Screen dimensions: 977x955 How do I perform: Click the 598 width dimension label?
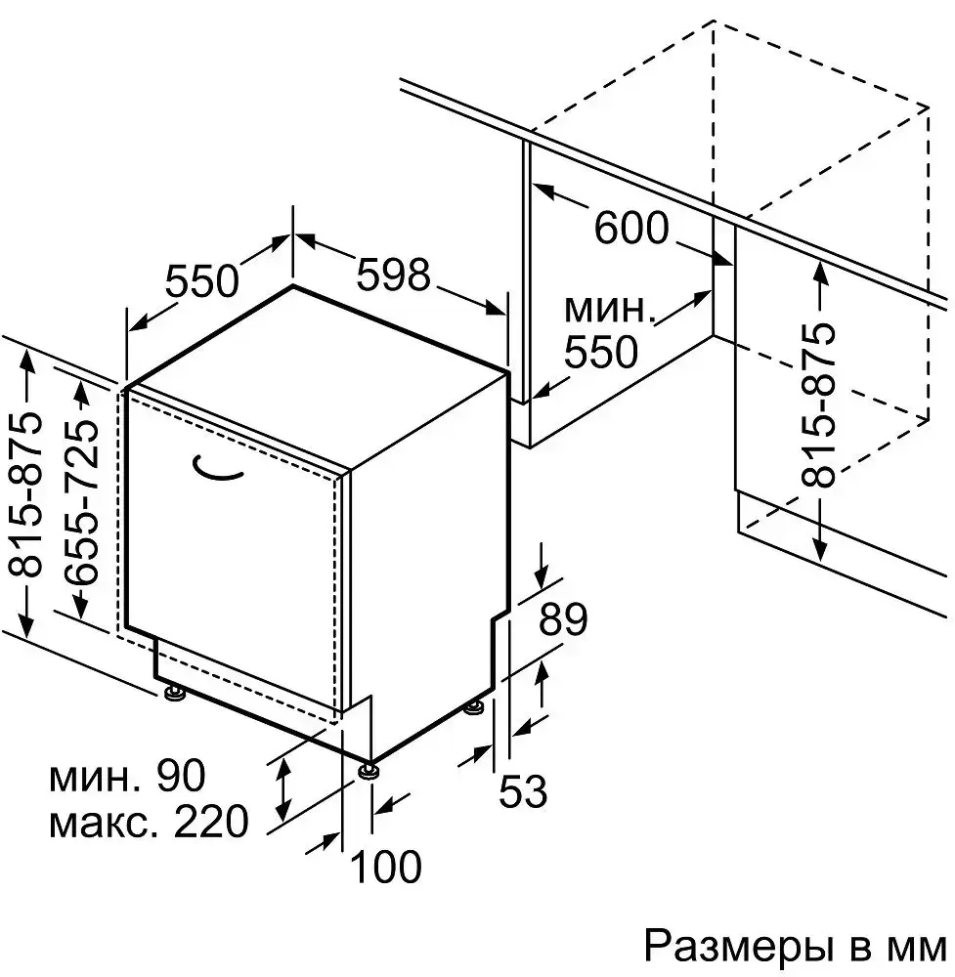(393, 276)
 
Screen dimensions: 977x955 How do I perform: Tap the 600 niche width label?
(631, 230)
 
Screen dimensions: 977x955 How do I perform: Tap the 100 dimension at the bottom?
(385, 866)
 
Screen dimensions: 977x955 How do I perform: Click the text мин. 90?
(128, 778)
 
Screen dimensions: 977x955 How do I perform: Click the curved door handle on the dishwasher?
(217, 469)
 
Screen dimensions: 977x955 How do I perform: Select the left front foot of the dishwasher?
(175, 694)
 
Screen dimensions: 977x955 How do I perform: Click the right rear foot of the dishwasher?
(475, 705)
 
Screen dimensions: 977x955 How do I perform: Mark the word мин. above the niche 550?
(609, 311)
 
